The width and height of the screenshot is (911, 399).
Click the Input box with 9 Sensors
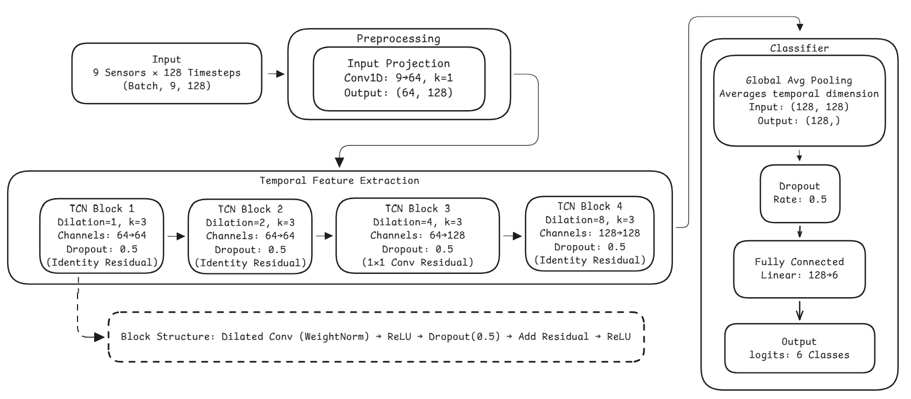click(x=167, y=73)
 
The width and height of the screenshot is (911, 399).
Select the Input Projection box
click(x=399, y=78)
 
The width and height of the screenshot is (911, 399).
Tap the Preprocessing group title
click(x=398, y=39)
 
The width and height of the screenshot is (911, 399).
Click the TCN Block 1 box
click(x=101, y=236)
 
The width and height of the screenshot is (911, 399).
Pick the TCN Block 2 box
click(x=250, y=236)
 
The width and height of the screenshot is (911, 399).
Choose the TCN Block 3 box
click(x=418, y=236)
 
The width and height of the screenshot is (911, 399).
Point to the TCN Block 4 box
click(x=589, y=234)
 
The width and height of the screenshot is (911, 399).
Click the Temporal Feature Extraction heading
click(x=339, y=180)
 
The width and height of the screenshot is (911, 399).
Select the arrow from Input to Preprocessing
click(x=275, y=74)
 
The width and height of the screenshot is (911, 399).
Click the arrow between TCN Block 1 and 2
click(x=176, y=236)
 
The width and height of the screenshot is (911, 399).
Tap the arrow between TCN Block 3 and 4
click(x=512, y=236)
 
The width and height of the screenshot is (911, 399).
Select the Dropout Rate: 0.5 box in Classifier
click(x=800, y=192)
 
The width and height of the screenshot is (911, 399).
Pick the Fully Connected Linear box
click(x=799, y=268)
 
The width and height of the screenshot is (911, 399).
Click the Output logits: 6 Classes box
click(x=799, y=348)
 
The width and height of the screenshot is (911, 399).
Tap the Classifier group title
click(x=799, y=48)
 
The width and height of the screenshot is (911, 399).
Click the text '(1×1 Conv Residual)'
click(x=418, y=262)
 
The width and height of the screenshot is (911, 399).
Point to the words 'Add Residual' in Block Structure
click(x=553, y=337)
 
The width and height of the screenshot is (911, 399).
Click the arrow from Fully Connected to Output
click(x=799, y=310)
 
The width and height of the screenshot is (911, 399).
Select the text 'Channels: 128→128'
click(x=589, y=233)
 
